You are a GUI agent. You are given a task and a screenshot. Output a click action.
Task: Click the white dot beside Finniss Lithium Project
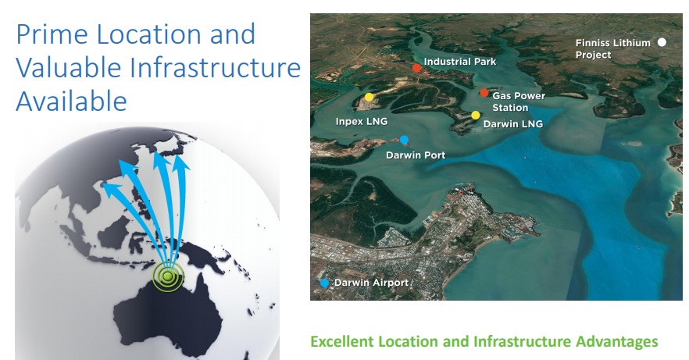[662, 42]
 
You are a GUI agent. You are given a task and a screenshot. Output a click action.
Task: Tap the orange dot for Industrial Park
[416, 68]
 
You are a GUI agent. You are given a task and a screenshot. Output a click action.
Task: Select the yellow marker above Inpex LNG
[369, 97]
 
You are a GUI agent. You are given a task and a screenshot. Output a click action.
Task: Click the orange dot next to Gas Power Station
[484, 93]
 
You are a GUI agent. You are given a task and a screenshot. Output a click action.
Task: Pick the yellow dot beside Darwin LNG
[476, 115]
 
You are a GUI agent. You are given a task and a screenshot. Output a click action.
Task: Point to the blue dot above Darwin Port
[405, 140]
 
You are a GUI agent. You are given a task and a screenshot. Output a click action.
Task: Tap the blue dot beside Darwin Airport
[324, 283]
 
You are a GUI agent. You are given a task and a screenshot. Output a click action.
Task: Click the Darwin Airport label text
[372, 283]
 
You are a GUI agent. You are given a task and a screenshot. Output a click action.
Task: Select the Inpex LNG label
[362, 121]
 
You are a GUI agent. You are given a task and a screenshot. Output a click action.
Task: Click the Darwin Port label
[416, 155]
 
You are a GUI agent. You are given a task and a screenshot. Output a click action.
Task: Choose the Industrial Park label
[460, 62]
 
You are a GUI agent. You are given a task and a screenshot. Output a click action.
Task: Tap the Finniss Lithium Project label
[613, 48]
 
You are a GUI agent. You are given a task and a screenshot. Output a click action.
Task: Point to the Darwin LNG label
[513, 124]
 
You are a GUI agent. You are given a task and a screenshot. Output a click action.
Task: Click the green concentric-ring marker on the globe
[167, 276]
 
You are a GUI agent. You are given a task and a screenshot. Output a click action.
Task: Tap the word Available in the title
[72, 101]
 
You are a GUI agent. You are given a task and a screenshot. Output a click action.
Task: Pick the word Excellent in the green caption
[342, 341]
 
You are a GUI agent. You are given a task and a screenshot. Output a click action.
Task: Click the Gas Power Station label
[519, 102]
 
